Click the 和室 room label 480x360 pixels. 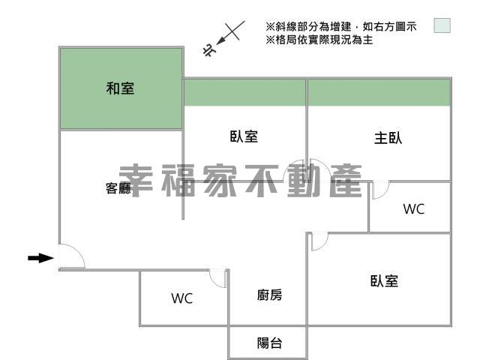coord(120,88)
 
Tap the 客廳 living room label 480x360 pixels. coord(118,188)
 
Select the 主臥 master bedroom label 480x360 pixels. coord(388,137)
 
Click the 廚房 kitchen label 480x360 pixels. coord(269,295)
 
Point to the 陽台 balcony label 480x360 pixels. coord(269,343)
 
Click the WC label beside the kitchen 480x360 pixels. coord(181,298)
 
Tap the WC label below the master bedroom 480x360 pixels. coord(414,209)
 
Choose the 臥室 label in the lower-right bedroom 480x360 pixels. coord(384,280)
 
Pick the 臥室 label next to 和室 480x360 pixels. coord(244,136)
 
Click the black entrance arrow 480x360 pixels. coord(40,258)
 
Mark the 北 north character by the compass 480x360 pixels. coord(209,50)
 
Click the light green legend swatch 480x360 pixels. coord(442,25)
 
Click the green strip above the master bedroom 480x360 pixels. coord(379,93)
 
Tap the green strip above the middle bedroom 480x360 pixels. coord(244,93)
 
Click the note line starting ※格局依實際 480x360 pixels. coord(319,40)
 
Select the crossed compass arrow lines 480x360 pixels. coord(230,32)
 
